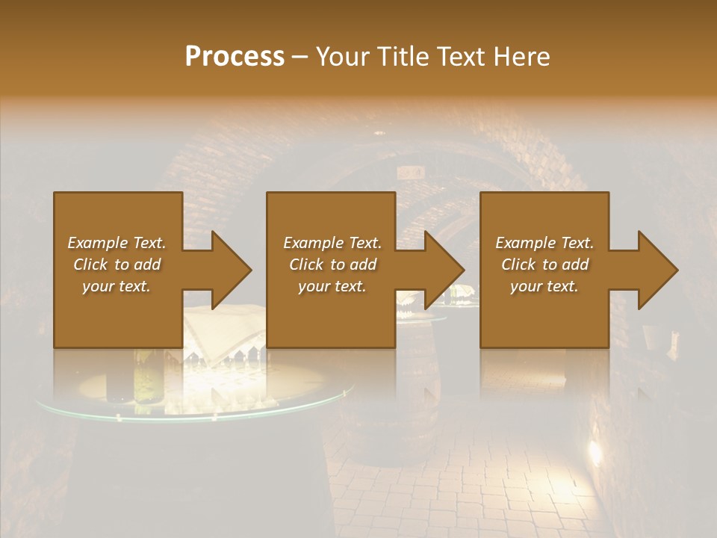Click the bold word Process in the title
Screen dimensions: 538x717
[x=235, y=57]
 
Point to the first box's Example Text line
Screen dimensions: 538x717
[x=117, y=243]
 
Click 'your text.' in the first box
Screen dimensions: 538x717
[x=117, y=286]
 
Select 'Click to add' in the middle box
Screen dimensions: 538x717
[x=332, y=265]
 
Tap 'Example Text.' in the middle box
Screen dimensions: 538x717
[x=332, y=243]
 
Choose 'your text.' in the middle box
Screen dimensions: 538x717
[x=332, y=286]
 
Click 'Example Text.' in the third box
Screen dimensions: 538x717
[x=544, y=243]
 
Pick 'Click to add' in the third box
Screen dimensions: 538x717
[x=544, y=265]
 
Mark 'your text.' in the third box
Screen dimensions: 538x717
[x=544, y=286]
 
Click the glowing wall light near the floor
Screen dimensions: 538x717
[x=596, y=451]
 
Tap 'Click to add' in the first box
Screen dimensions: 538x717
[x=117, y=265]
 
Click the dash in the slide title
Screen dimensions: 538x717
[x=300, y=57]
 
